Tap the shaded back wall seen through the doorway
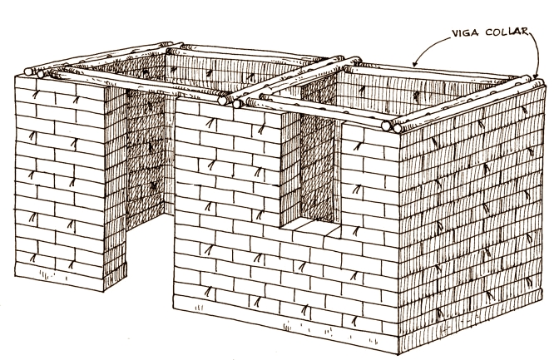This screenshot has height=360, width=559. click(x=150, y=158)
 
